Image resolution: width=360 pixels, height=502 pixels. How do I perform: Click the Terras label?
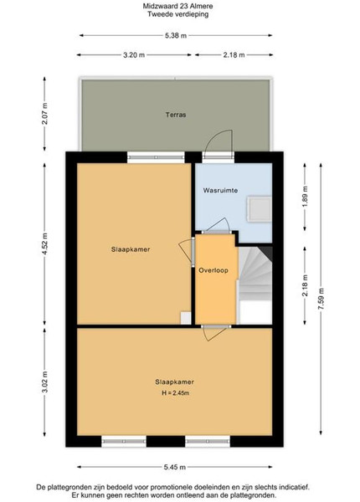coord(176,115)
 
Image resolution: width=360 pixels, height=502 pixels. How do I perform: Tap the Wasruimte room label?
coord(220,191)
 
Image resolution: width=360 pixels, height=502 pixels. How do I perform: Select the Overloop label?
coord(213,270)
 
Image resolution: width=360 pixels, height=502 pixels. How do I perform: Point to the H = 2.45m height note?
coord(175,393)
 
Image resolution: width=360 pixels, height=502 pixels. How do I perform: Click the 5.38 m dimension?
coord(176,35)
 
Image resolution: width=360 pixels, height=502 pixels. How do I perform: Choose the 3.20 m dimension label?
coord(134,54)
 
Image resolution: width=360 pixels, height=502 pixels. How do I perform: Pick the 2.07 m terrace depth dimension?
coord(44,114)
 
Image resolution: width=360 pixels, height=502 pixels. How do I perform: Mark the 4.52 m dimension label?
coord(44,244)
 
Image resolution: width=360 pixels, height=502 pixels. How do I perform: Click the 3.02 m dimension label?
coord(44,382)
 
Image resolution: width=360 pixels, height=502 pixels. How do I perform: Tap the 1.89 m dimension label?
coord(305,197)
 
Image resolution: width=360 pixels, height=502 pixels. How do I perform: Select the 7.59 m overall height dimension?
coord(321,299)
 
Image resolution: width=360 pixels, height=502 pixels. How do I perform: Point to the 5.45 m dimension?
coord(175,467)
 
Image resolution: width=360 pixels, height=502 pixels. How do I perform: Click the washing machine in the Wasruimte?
coord(259,209)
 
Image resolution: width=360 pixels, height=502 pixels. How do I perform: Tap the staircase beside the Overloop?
coord(255,285)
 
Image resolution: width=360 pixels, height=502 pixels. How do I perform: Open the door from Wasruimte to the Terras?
coord(219,144)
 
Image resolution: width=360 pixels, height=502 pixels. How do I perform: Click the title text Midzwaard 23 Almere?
coord(177,6)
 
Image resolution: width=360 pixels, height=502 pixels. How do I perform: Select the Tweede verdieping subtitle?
coord(177,14)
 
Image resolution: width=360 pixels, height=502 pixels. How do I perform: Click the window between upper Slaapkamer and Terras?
coord(156,157)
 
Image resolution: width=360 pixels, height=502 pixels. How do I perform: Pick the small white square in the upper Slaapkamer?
coord(186,318)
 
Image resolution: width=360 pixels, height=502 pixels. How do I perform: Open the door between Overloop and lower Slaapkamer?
coord(216,332)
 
